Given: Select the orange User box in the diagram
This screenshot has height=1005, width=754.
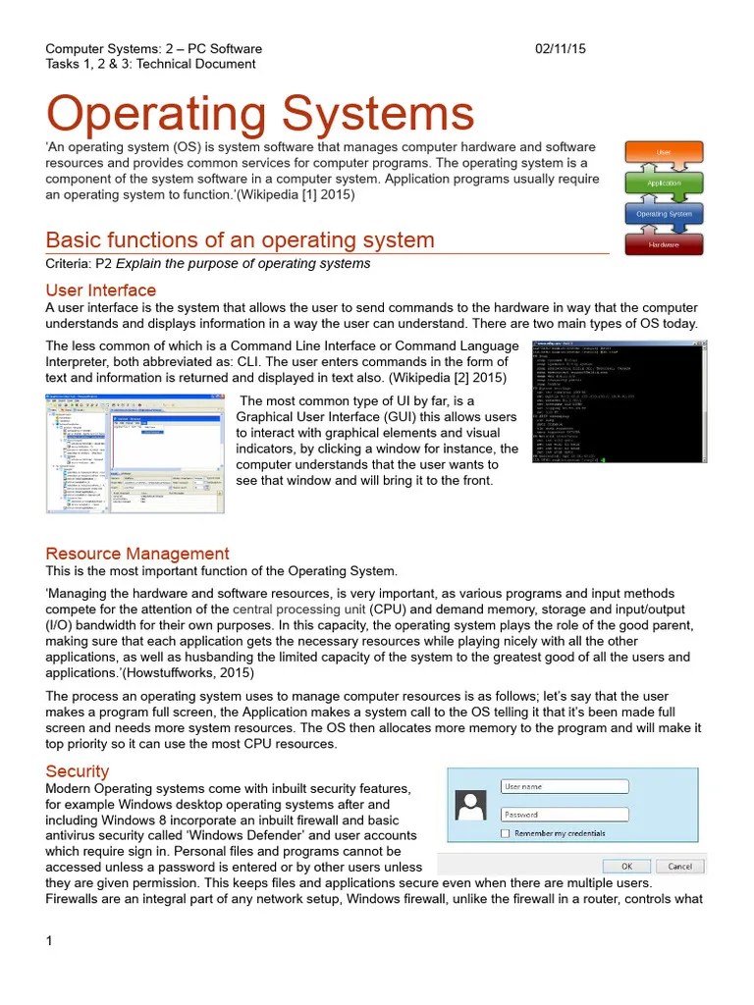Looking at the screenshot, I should point(664,153).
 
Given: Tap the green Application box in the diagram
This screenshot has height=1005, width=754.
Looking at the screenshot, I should point(664,184).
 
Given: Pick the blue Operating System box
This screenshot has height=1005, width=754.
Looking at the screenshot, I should point(664,214).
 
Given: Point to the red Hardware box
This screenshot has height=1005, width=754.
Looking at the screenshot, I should point(664,244).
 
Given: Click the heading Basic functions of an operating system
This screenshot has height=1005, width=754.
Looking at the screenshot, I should point(240,240).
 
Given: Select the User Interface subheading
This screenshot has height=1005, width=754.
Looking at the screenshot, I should point(101,291).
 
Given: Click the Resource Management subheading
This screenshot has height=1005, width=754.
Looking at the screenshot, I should point(137,554).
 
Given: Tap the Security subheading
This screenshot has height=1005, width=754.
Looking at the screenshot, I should point(78,772).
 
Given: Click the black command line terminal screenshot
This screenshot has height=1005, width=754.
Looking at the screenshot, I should point(619,401).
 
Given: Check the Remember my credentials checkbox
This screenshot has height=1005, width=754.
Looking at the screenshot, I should point(505,833).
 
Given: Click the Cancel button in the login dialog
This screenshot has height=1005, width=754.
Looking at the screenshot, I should point(679,867).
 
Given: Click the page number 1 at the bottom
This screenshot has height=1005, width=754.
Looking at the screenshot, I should point(48,942).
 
